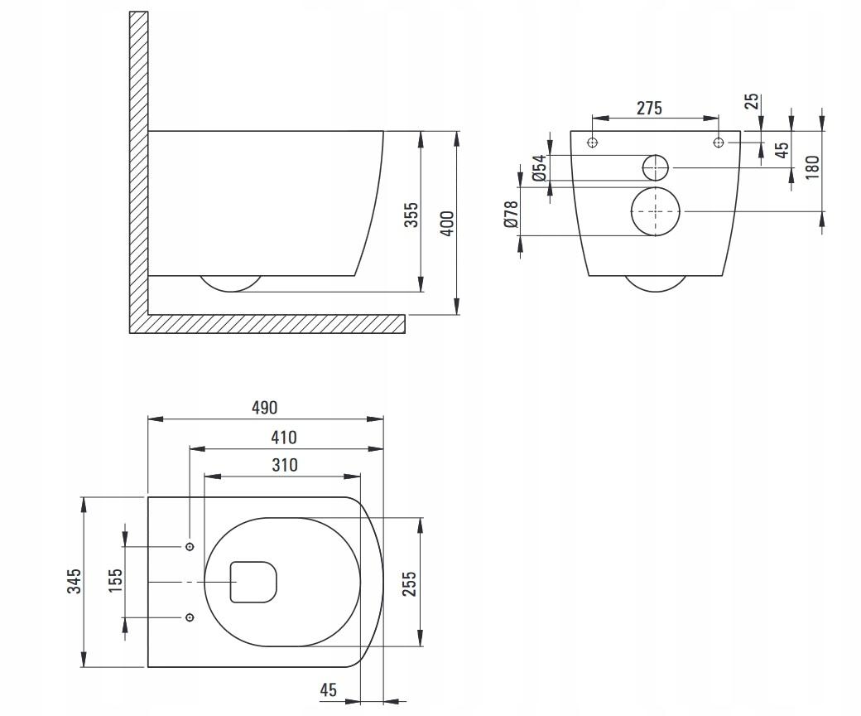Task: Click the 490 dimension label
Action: click(266, 408)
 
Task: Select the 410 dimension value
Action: click(284, 438)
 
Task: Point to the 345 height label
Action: click(75, 581)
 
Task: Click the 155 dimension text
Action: click(116, 581)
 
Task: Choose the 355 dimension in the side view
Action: click(411, 215)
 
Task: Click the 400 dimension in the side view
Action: click(447, 223)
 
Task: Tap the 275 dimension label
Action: click(649, 108)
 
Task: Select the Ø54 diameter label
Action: click(539, 168)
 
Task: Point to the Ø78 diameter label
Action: click(512, 214)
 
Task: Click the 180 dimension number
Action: click(812, 167)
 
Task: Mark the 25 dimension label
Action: click(752, 101)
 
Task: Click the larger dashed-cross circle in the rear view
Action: click(656, 211)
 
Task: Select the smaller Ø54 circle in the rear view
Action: click(656, 167)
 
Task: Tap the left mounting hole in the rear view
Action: click(592, 143)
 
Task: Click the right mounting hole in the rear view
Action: click(718, 143)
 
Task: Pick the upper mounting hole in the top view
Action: click(190, 547)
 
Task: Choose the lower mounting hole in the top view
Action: click(190, 617)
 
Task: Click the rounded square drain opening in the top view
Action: click(253, 582)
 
